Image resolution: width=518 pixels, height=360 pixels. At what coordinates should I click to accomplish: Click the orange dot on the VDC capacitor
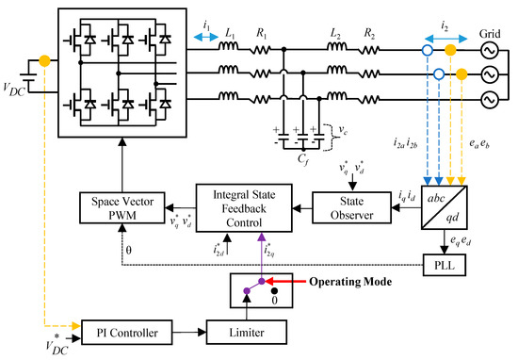[x=44, y=63]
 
